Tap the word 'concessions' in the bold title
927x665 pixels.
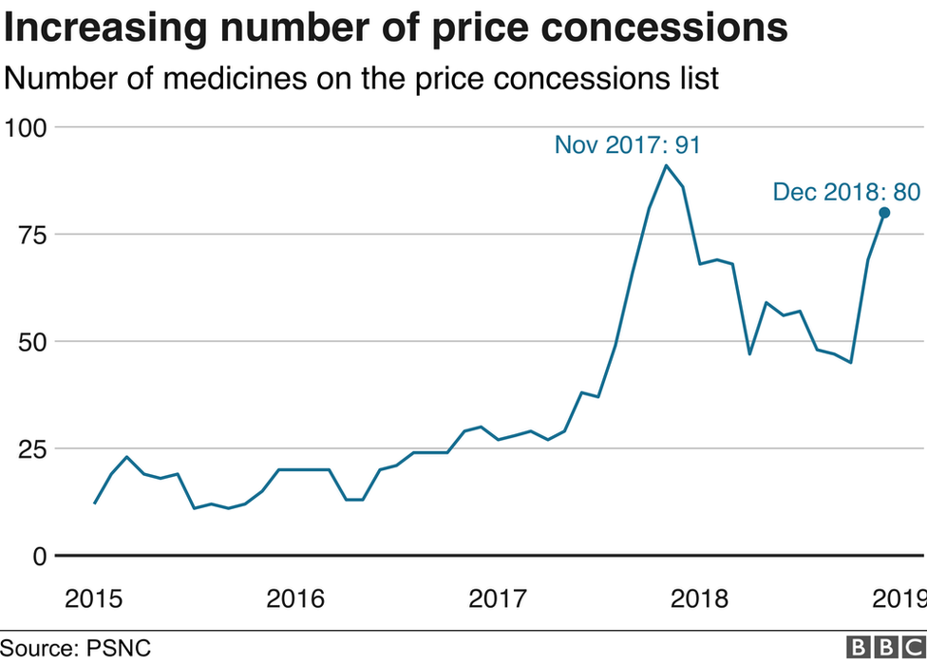(x=681, y=28)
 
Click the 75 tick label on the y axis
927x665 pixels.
(x=34, y=235)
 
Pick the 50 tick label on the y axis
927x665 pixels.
(x=34, y=342)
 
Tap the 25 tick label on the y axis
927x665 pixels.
(x=34, y=448)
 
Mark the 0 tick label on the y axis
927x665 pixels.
(x=40, y=556)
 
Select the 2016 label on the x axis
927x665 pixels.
(x=295, y=599)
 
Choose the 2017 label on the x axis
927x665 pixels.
(x=498, y=599)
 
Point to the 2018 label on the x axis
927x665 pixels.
(x=699, y=599)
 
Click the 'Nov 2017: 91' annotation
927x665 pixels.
(x=627, y=145)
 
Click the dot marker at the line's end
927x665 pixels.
(x=883, y=213)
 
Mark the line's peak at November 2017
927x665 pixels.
(x=666, y=166)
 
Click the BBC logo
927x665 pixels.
(x=884, y=648)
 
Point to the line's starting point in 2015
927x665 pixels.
(x=95, y=503)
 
